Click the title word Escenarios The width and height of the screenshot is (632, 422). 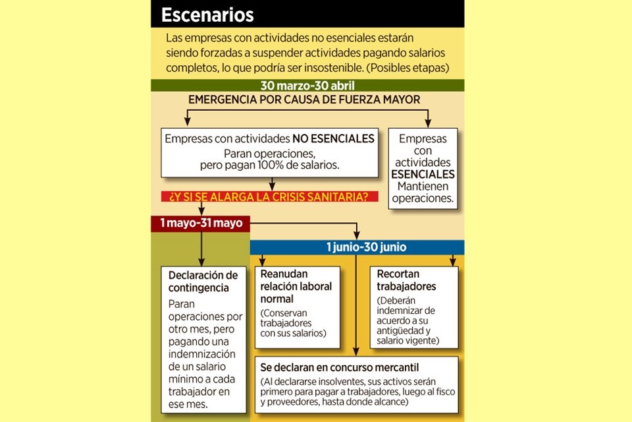click(207, 14)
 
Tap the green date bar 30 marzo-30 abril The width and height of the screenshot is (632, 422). click(307, 86)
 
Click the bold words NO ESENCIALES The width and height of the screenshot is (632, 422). click(334, 139)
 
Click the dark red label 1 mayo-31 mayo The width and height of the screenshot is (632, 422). click(201, 224)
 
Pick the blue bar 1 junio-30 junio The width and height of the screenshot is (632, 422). click(357, 247)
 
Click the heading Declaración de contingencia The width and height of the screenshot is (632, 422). click(203, 282)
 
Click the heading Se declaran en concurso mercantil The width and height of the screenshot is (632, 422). click(340, 367)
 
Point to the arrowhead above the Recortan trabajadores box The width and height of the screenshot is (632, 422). click(453, 262)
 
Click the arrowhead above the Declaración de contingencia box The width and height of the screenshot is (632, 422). click(201, 262)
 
